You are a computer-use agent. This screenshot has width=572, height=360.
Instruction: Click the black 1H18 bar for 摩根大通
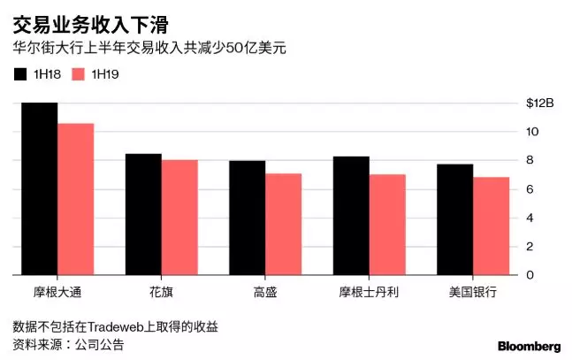coord(39,189)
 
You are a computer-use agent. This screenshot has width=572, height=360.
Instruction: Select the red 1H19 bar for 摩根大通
coord(75,199)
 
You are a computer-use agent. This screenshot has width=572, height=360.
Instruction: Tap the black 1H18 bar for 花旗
coord(142,215)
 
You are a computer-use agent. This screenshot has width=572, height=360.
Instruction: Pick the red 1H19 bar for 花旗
coord(179,218)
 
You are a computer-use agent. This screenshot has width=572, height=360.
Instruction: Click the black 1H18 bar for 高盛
coord(247,218)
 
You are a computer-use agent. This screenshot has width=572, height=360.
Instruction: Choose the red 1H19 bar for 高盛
coord(283,225)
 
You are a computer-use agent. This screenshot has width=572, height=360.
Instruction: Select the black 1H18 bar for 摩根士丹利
coord(351,216)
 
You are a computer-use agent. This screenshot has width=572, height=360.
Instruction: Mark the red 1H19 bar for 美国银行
coord(492,226)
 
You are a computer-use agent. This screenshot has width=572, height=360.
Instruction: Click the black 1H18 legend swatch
coord(20,74)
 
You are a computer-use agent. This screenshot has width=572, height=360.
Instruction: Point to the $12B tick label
coord(538,103)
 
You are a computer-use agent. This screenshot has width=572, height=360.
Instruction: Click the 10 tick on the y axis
coord(531,132)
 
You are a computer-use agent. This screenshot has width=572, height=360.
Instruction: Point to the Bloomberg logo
coord(529,345)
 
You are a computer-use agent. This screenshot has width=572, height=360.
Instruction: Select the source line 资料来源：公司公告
coord(68,344)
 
